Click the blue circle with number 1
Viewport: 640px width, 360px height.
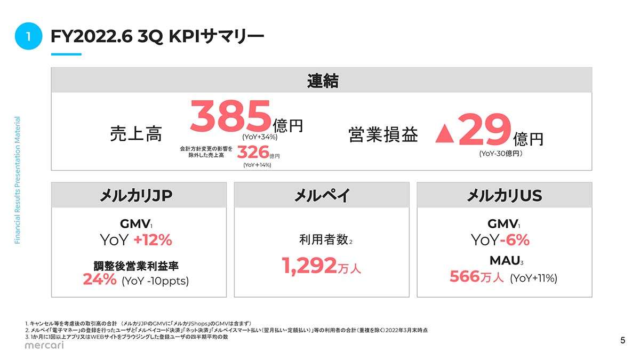29,36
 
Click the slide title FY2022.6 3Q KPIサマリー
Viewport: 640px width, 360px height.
157,36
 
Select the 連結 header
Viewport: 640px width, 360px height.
322,81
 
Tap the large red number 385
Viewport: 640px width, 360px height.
230,118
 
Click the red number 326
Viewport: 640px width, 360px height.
252,153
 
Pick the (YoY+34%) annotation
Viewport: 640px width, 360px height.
260,137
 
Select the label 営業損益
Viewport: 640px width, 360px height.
383,134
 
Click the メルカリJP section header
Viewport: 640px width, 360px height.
139,196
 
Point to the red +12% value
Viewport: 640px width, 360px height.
153,241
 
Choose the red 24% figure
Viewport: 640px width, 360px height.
100,279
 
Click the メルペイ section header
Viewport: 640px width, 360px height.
322,196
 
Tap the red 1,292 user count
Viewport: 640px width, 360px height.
309,265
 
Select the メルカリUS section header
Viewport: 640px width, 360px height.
504,196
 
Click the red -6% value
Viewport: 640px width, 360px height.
515,241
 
